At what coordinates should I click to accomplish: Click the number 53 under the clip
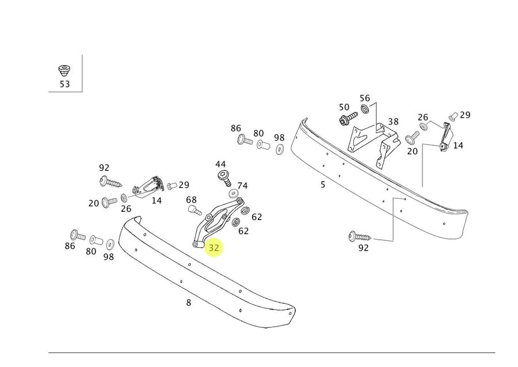(x=64, y=84)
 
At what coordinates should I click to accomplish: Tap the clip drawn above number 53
(x=64, y=71)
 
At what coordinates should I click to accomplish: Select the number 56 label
(x=365, y=98)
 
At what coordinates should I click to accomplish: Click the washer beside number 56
(x=365, y=109)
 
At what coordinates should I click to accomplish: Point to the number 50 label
(x=344, y=107)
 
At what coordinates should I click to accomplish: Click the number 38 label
(x=393, y=122)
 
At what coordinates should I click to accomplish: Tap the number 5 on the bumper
(x=323, y=184)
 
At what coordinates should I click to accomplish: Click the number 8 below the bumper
(x=188, y=302)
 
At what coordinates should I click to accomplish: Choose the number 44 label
(x=221, y=165)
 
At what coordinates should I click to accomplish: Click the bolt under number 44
(x=222, y=177)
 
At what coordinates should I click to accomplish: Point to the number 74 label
(x=242, y=186)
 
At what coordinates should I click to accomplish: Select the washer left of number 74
(x=233, y=192)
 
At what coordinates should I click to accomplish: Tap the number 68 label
(x=191, y=200)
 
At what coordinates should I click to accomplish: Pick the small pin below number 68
(x=195, y=210)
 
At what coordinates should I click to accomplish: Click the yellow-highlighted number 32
(x=214, y=248)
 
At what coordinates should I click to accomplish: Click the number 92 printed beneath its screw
(x=363, y=248)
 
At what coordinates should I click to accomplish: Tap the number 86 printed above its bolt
(x=236, y=128)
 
